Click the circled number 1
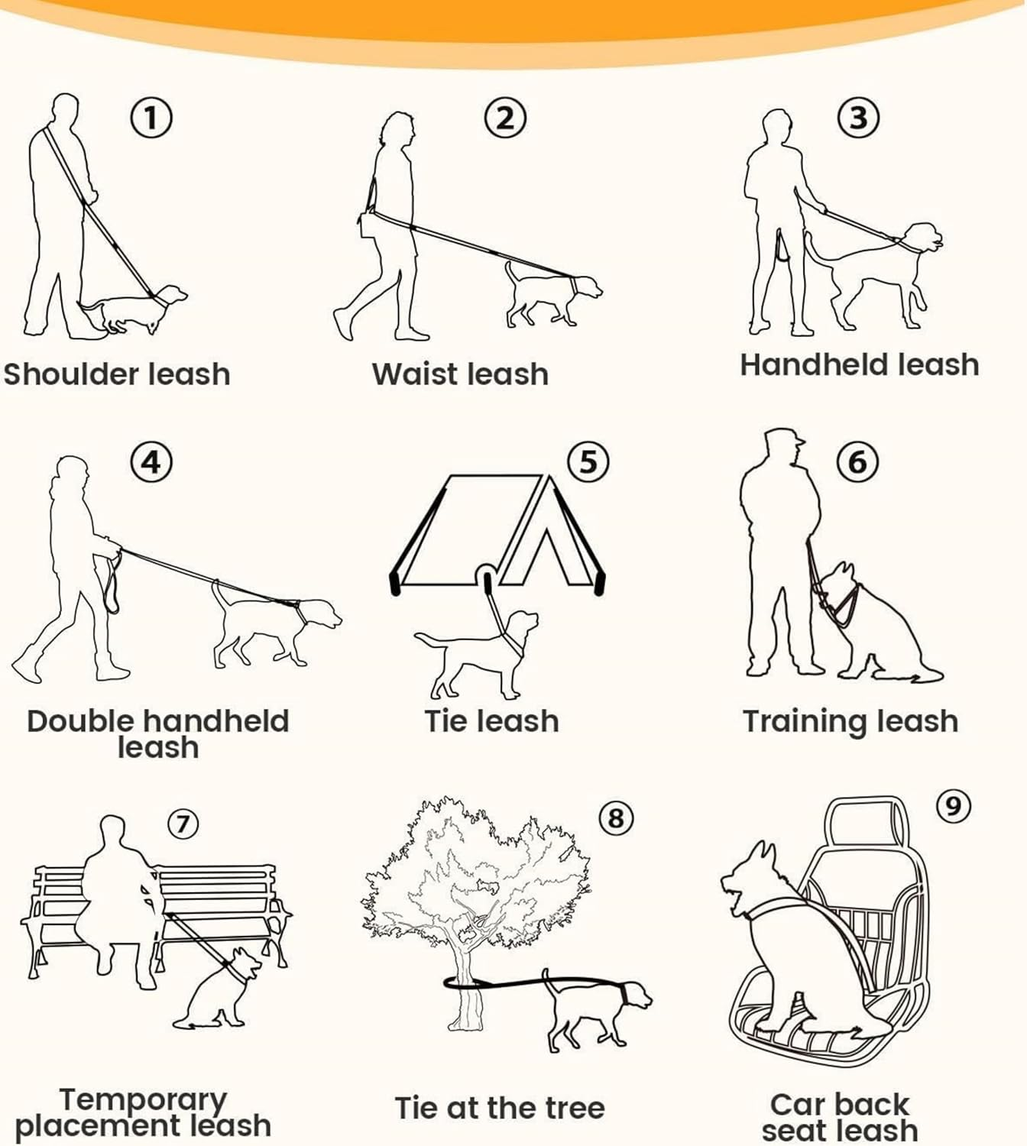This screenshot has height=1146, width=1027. (x=151, y=118)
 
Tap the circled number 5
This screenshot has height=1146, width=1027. (x=588, y=461)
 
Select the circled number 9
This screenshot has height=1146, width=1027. (x=953, y=805)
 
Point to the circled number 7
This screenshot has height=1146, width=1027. (x=183, y=824)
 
